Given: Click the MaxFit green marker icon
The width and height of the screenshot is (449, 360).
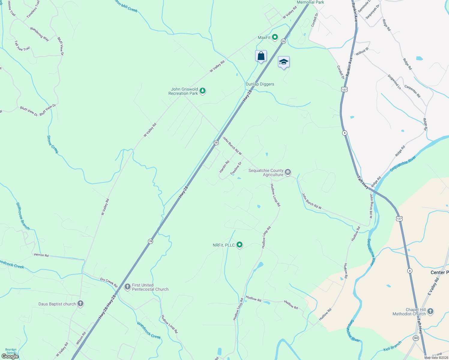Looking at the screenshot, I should tap(275, 37).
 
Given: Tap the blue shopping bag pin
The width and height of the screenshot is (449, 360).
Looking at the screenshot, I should tap(261, 56).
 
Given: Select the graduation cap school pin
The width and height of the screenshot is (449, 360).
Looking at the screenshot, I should tap(284, 62).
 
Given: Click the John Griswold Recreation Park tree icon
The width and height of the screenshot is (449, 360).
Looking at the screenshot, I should tap(203, 91).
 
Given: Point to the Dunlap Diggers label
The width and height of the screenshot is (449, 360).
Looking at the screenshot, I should tap(260, 84).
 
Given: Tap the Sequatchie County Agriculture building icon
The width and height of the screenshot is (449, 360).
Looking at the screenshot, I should tap(288, 172).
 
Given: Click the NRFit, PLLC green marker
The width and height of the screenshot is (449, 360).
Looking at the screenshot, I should tap(240, 245).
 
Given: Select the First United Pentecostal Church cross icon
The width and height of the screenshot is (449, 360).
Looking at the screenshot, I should tap(128, 287).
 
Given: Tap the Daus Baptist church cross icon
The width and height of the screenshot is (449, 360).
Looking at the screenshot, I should tap(80, 304).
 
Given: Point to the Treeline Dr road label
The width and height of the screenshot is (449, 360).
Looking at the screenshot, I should tap(236, 169).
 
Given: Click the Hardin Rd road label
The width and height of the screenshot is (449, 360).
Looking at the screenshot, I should tap(224, 166).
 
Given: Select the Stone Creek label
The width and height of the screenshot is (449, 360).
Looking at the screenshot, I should tap(53, 144).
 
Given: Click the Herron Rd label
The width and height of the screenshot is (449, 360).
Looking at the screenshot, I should tap(41, 255).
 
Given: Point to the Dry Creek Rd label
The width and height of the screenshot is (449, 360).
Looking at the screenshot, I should tap(109, 282).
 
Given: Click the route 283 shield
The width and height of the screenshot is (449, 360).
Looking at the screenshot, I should tap(416, 338).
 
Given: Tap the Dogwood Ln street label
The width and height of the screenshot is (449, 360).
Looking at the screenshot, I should tap(394, 82).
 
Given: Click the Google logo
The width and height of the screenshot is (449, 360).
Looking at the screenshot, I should tap(10, 356).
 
